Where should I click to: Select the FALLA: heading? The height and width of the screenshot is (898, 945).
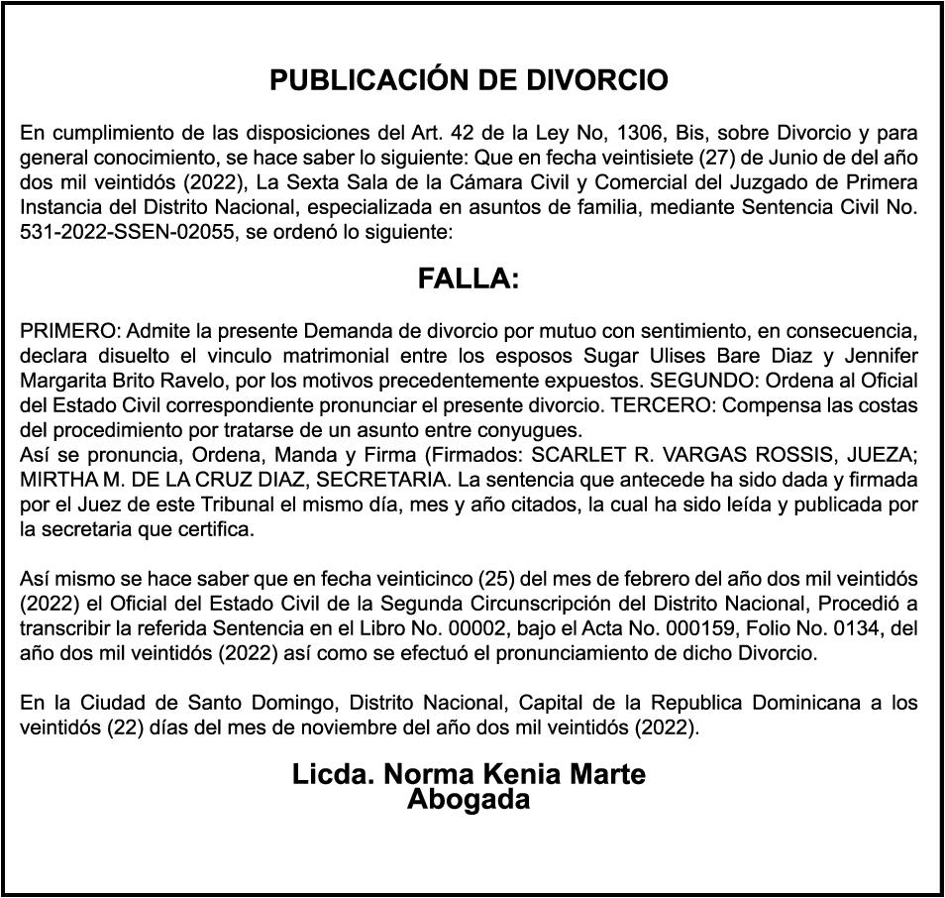click(x=469, y=280)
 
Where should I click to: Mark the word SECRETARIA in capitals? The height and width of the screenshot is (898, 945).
click(x=356, y=478)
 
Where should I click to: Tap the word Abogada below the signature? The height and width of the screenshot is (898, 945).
click(x=469, y=799)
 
